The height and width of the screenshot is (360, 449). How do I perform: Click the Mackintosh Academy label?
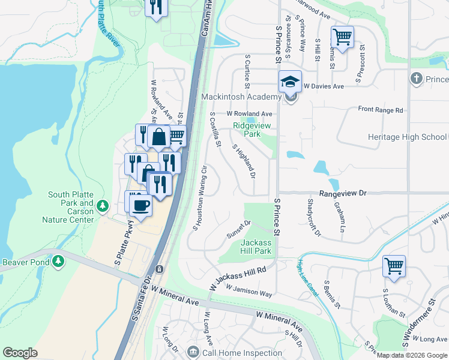(x=241, y=97)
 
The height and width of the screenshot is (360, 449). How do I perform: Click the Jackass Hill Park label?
(x=256, y=247)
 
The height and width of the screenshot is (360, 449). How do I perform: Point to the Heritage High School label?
(x=407, y=137)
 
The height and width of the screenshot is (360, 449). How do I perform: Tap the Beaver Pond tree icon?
(x=58, y=262)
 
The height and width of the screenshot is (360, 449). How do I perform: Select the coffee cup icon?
(x=141, y=206)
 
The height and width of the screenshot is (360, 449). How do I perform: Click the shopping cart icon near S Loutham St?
(x=394, y=265)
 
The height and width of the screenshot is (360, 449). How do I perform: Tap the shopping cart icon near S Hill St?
(x=342, y=37)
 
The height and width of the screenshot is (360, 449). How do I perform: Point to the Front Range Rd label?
(x=381, y=110)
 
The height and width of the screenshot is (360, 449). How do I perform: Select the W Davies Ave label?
(x=324, y=86)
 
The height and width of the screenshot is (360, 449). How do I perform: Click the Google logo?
(x=20, y=353)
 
